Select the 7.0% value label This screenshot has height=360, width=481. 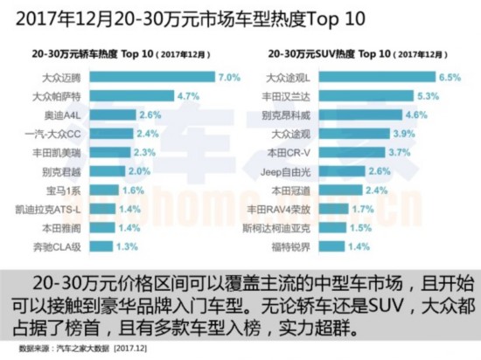point(229,78)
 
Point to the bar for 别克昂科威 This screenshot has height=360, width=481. point(359,115)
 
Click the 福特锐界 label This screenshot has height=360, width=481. point(296,248)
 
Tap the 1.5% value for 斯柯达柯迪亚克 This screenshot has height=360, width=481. point(357,229)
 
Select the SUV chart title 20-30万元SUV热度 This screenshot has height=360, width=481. point(321,54)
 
